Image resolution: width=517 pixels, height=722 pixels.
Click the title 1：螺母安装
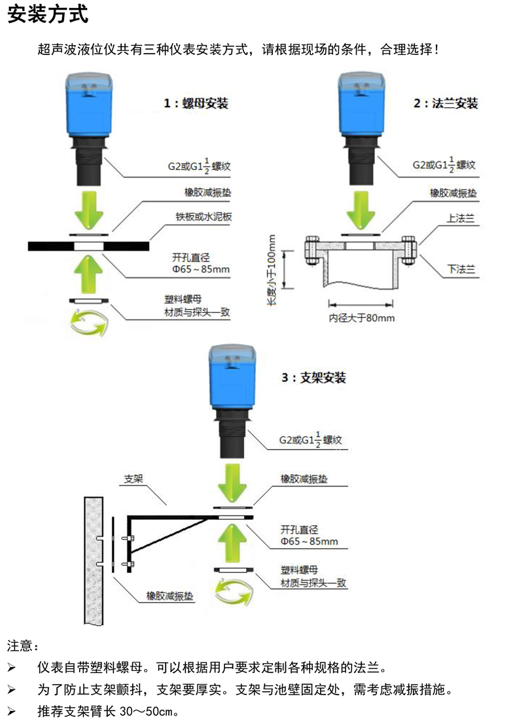pos(196,103)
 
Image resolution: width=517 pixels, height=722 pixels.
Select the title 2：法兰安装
pos(446,103)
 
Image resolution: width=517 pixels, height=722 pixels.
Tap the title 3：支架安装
pos(313,377)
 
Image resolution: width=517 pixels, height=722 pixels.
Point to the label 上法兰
pos(460,219)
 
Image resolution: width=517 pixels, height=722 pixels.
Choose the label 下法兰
pos(461,269)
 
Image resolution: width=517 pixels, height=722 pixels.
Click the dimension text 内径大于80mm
pos(362,318)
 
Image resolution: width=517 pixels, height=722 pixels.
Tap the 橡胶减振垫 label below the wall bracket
pos(170,596)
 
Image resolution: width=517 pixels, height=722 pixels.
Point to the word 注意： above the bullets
pos(24,646)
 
